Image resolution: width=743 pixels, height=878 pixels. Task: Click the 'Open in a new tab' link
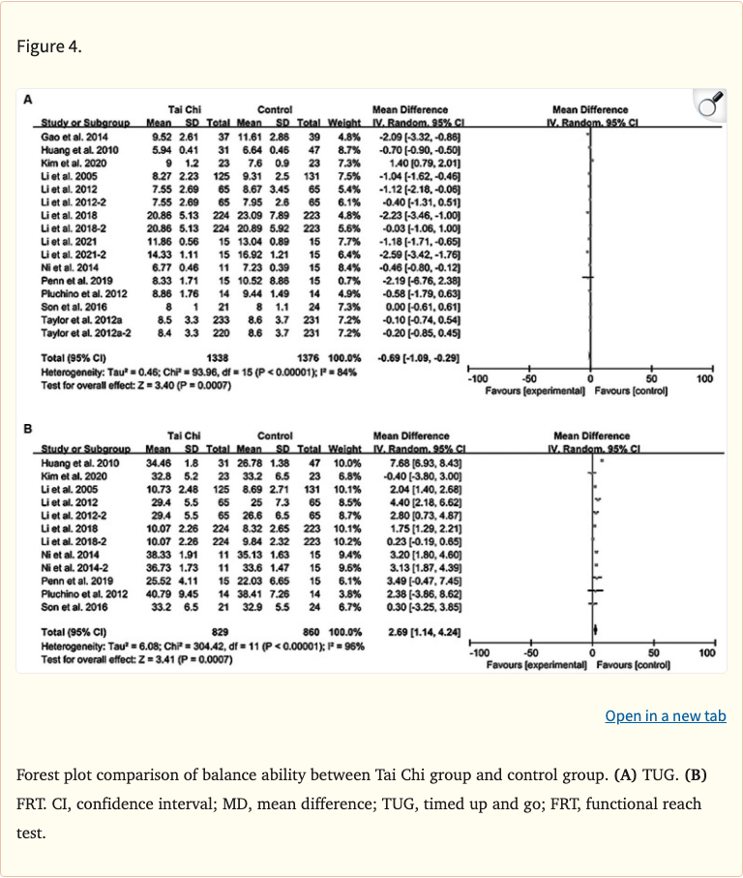click(665, 716)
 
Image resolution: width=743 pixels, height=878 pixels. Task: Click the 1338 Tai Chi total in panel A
click(220, 357)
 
